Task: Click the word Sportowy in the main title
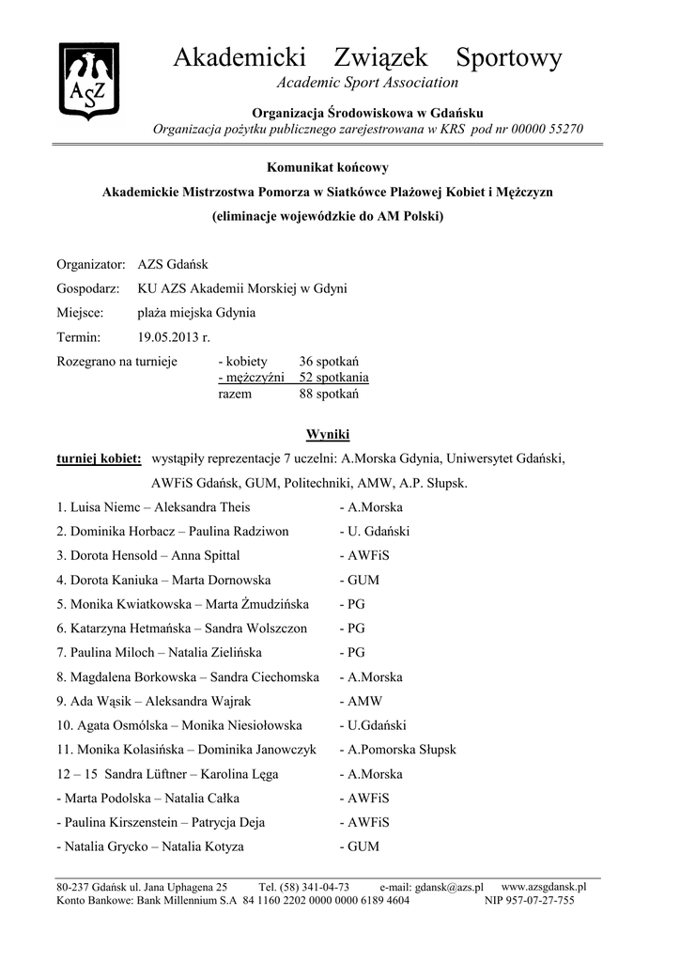[x=508, y=58]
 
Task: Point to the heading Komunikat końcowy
[x=327, y=167]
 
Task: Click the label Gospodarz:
[x=87, y=288]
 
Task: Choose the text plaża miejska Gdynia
[x=196, y=313]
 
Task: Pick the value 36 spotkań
[x=329, y=362]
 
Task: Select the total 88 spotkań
[x=329, y=394]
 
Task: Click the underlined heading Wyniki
[x=328, y=435]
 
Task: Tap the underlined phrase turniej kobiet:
[x=99, y=459]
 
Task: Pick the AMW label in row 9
[x=362, y=701]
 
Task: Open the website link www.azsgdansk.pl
[x=544, y=886]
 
